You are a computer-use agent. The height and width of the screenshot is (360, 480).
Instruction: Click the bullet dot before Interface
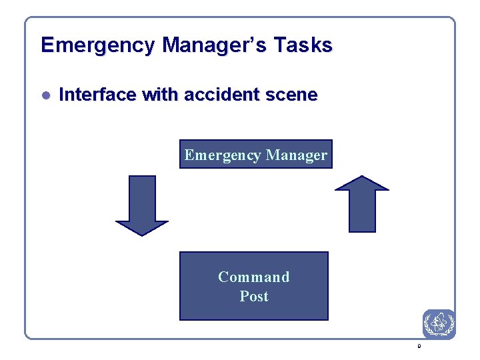[46, 95]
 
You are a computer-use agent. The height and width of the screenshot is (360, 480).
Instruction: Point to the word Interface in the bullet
[97, 95]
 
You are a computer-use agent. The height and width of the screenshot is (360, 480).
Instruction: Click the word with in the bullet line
[160, 95]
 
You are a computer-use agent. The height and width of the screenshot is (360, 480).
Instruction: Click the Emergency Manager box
[256, 155]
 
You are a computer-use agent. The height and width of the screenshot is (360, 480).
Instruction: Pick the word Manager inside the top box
[297, 155]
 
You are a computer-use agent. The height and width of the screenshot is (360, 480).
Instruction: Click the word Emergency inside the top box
[223, 155]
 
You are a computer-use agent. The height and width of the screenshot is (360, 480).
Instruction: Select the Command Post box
[254, 286]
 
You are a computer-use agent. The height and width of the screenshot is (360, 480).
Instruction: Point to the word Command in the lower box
[254, 277]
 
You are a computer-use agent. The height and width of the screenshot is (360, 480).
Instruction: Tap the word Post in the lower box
[254, 296]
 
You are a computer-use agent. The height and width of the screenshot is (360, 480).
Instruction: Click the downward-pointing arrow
[142, 203]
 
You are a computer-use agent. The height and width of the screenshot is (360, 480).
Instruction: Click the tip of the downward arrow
[142, 233]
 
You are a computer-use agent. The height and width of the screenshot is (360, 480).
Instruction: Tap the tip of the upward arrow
[362, 177]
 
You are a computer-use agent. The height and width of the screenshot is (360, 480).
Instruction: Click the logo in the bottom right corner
[439, 324]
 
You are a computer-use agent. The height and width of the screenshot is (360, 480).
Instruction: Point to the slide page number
[419, 347]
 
